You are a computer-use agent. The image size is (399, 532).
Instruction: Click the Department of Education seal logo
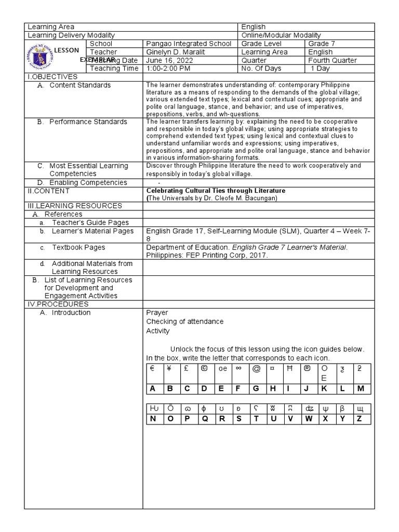point(39,56)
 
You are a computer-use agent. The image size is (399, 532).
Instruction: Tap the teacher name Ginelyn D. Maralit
point(176,52)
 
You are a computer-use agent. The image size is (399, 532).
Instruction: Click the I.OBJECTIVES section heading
point(52,77)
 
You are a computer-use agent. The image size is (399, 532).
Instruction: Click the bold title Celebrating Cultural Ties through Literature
point(216,191)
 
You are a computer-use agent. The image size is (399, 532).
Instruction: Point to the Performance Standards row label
point(88,122)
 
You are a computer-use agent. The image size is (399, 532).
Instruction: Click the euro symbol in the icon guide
point(153,368)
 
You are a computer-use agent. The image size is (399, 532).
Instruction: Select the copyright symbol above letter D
point(204,368)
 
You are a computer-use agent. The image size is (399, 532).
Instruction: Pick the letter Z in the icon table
point(359,419)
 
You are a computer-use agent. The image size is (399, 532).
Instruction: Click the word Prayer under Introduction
point(157,313)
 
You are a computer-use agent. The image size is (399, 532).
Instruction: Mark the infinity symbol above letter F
point(239,368)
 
